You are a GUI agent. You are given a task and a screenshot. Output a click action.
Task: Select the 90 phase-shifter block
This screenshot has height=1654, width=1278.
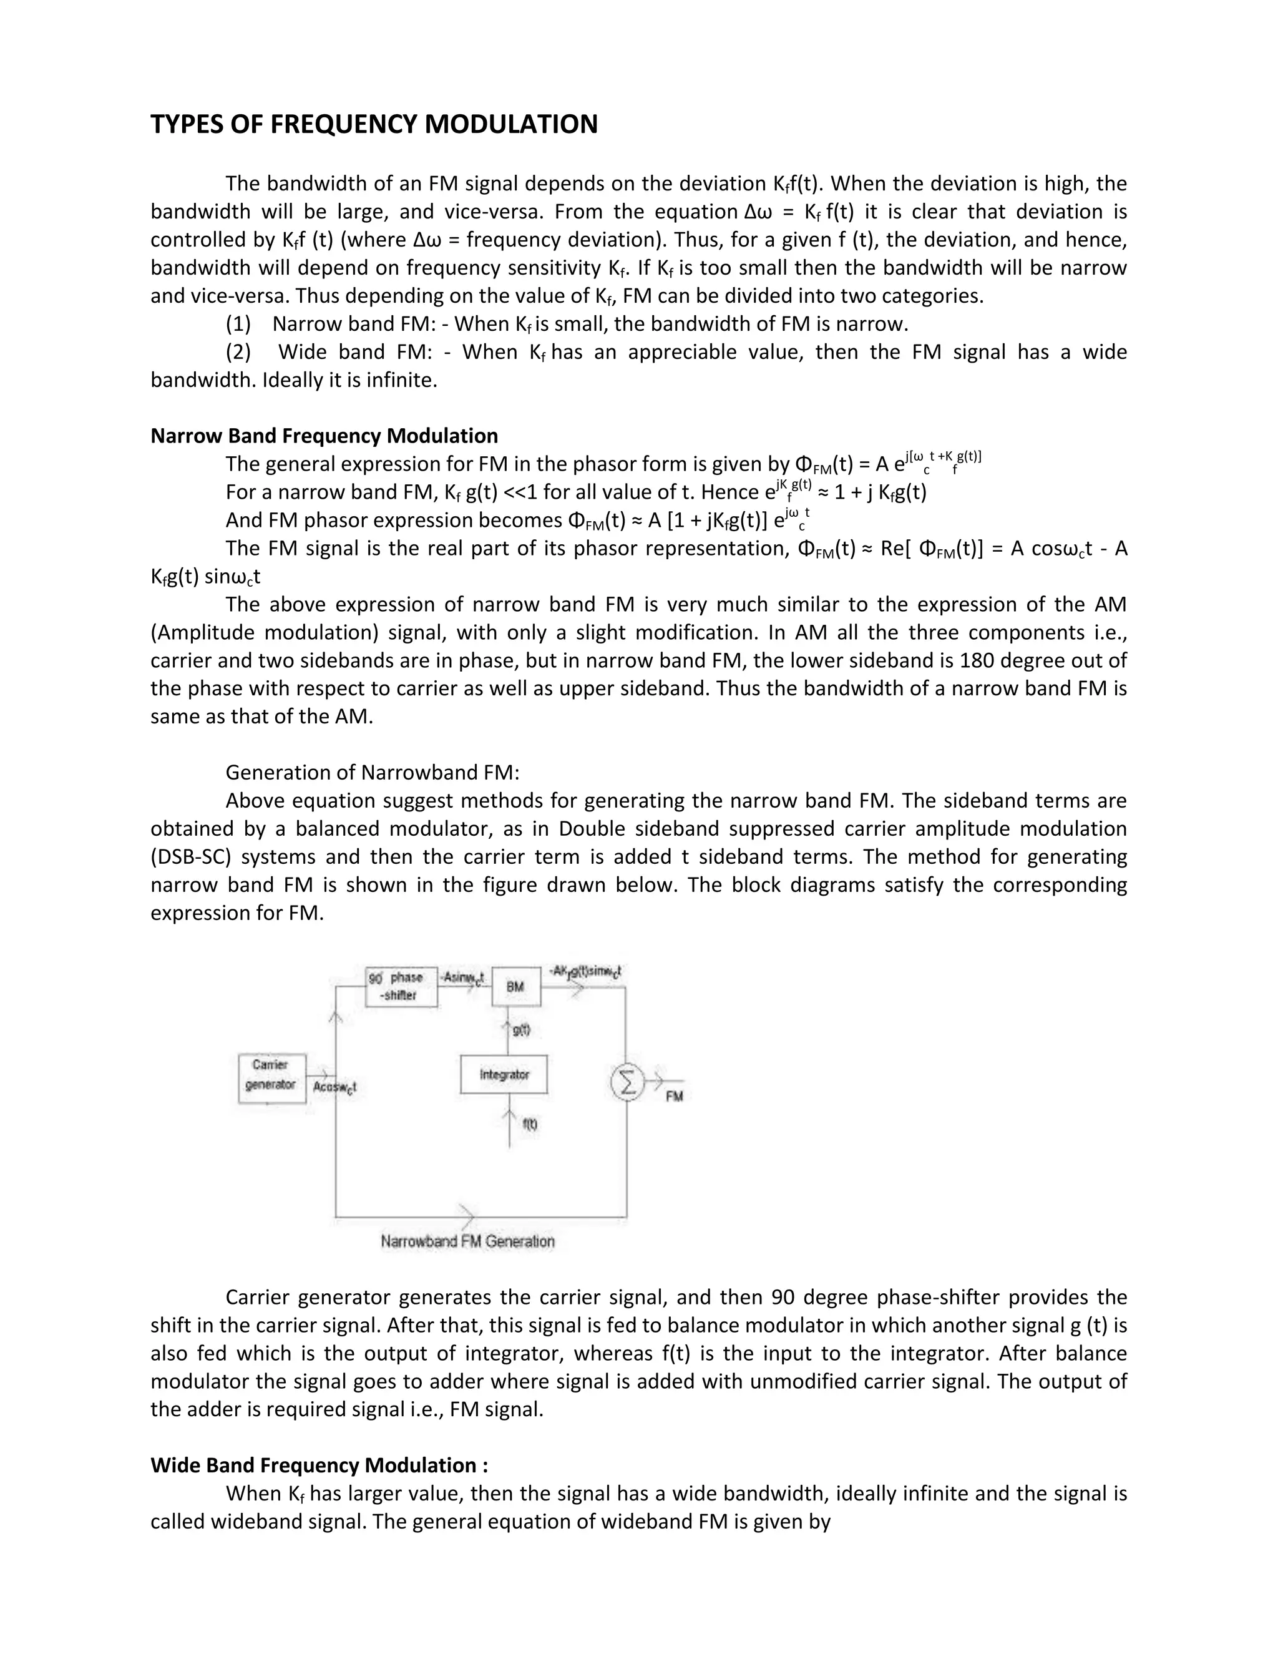point(401,986)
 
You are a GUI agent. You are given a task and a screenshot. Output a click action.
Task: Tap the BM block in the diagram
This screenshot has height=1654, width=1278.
point(515,986)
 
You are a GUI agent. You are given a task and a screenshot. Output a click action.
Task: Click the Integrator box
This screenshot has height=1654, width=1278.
point(504,1074)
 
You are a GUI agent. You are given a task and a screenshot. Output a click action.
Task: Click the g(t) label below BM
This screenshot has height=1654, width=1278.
point(522,1030)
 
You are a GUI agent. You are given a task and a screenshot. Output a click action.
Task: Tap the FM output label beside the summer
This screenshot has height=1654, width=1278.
point(674,1096)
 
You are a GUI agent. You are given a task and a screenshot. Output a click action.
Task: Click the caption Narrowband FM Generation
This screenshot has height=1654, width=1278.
point(467,1241)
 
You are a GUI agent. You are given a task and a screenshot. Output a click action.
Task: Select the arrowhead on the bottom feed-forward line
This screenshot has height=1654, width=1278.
point(468,1216)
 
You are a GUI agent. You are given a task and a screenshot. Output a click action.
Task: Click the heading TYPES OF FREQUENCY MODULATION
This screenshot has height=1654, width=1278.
point(374,124)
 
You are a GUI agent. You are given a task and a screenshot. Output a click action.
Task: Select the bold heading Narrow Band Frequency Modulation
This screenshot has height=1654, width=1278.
point(324,436)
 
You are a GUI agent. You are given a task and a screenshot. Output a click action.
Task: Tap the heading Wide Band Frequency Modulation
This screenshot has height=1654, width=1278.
point(319,1465)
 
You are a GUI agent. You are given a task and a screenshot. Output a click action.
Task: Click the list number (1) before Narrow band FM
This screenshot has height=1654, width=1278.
point(238,324)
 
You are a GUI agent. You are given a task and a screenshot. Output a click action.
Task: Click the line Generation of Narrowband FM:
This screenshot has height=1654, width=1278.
point(373,773)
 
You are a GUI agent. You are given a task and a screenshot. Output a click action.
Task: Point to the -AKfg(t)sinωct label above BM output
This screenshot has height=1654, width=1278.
point(585,971)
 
